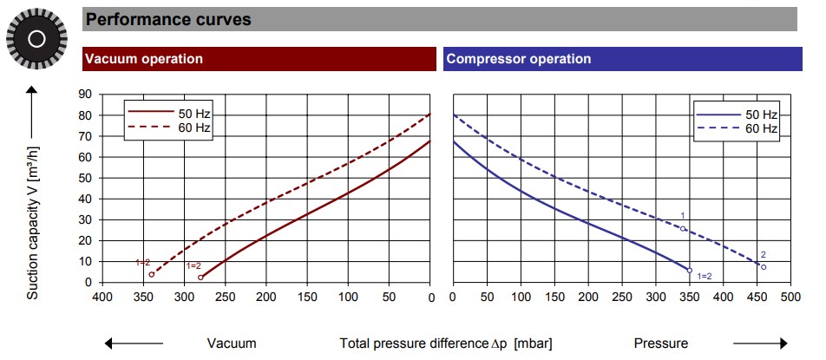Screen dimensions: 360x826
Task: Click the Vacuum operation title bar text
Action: [143, 59]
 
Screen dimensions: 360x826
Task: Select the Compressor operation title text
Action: [518, 59]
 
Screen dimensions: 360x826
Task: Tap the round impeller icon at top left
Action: [36, 38]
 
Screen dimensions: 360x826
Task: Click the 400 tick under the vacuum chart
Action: [102, 298]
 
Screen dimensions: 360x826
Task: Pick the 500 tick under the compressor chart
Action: [790, 298]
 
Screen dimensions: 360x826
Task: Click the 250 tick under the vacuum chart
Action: [226, 298]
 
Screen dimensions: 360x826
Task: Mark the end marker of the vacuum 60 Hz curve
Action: [151, 274]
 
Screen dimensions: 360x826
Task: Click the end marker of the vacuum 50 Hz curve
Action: [200, 278]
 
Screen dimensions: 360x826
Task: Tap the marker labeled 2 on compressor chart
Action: [764, 266]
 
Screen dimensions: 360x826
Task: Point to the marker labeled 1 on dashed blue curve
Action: [683, 229]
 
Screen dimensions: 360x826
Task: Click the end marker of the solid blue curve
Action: [690, 271]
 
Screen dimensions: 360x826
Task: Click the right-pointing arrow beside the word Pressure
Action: [758, 343]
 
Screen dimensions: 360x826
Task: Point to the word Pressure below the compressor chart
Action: [662, 343]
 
